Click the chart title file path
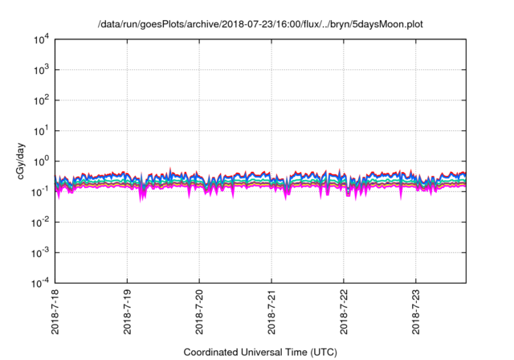(x=259, y=24)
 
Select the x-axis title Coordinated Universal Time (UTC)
(x=259, y=352)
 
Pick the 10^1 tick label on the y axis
(x=41, y=131)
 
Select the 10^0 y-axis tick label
(x=41, y=162)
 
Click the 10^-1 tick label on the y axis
(x=40, y=192)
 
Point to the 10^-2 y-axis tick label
(x=40, y=223)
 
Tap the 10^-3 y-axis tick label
(x=40, y=252)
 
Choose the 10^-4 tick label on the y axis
(x=40, y=283)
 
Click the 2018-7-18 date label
(x=55, y=313)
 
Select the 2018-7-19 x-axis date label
(x=128, y=313)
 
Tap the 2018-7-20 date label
(x=200, y=313)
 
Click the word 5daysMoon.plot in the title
(x=389, y=24)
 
